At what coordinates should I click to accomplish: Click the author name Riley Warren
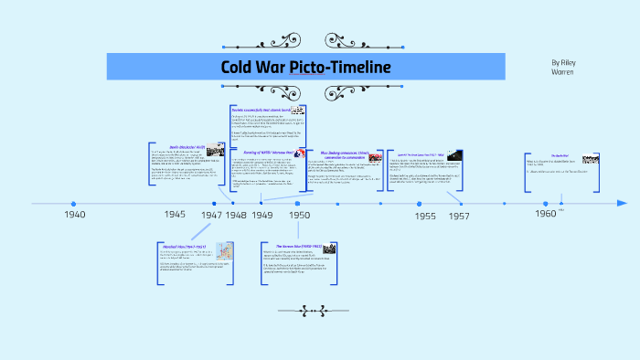(564, 69)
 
